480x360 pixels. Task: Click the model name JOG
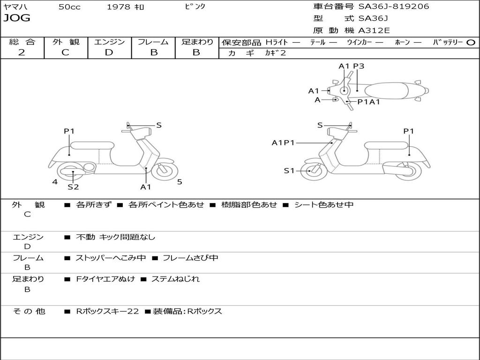coord(17,18)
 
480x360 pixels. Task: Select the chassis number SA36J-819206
coord(394,7)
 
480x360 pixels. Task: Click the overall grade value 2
coord(22,52)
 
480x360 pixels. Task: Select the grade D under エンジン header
coord(109,52)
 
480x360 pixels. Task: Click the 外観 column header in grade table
coord(66,42)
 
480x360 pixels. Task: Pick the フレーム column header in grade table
coord(153,42)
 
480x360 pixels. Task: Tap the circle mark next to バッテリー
coord(471,42)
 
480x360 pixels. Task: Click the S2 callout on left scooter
coord(73,187)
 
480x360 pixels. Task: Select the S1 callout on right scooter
coord(289,171)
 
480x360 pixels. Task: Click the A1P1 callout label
coord(283,142)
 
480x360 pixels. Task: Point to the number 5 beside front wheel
coord(180,182)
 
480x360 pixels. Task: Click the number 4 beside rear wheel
coord(55,182)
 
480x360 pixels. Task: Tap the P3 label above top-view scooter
coord(359,66)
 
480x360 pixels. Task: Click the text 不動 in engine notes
coord(85,237)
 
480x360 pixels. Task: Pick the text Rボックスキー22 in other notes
coord(107,311)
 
